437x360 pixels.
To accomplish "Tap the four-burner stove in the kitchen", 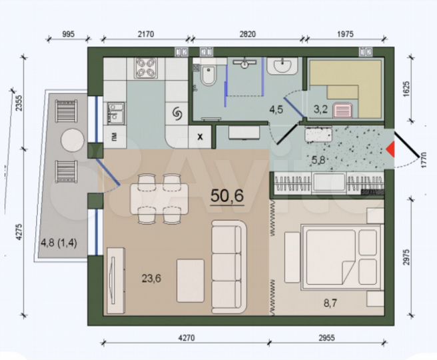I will [x=147, y=68].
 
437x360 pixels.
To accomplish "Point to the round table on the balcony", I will [x=71, y=141].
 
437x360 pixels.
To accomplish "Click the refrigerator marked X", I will [x=200, y=137].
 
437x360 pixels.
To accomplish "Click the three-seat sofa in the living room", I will [x=229, y=261].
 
